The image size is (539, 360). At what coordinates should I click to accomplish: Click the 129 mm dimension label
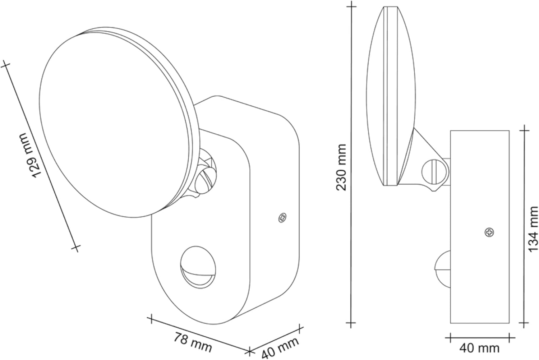coord(29,155)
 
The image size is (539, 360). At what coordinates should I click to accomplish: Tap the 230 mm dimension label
coord(341,167)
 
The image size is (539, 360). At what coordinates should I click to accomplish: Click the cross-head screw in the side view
coord(489,232)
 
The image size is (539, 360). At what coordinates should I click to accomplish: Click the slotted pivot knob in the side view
coord(434,172)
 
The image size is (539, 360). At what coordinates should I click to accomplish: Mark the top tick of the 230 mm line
coord(351,6)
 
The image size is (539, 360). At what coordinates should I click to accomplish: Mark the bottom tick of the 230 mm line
coord(351,323)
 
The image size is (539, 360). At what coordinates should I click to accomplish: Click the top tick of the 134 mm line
coord(525,130)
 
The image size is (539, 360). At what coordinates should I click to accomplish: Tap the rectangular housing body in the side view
coord(479,201)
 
